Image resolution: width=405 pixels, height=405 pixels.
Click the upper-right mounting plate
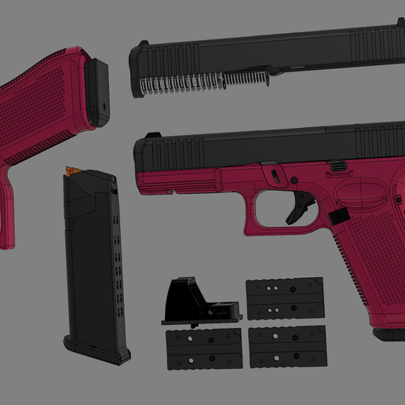pos(284,297)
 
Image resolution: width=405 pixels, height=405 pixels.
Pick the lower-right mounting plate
pos(286,346)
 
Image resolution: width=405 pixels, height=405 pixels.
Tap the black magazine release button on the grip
pos(338,216)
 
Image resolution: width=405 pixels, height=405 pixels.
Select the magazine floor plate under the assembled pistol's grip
pos(388,334)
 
